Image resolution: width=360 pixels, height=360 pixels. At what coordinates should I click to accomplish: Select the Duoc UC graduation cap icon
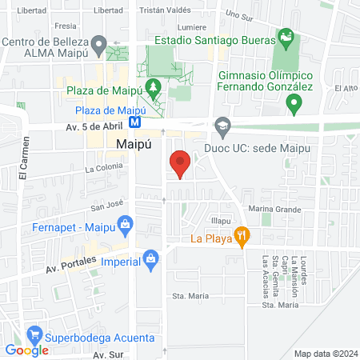click(x=222, y=124)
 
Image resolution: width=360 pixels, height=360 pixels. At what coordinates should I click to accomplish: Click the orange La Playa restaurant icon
click(x=241, y=236)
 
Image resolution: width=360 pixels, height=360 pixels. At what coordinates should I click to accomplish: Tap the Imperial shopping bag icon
click(x=150, y=258)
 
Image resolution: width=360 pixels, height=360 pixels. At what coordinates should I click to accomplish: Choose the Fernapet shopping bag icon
click(x=126, y=227)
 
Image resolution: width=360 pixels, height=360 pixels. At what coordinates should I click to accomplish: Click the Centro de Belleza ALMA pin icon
click(x=98, y=43)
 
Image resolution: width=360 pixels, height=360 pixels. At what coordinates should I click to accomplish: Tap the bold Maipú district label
click(x=134, y=144)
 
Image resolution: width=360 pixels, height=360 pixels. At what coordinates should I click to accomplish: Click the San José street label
click(x=106, y=204)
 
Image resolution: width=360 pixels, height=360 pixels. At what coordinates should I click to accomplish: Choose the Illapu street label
click(x=221, y=219)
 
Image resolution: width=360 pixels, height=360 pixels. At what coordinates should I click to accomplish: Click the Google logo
click(x=27, y=350)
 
